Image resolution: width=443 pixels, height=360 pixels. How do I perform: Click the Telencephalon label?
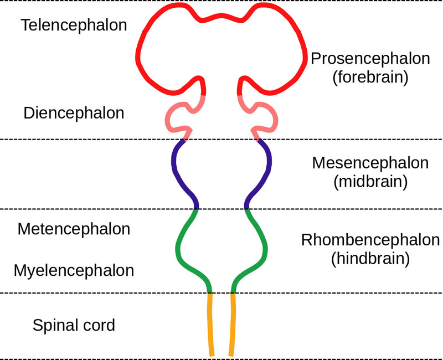[74, 25]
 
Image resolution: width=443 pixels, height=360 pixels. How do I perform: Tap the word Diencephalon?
[74, 113]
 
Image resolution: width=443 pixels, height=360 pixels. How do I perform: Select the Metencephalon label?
[74, 229]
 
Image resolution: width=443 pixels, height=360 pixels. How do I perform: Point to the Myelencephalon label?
[74, 271]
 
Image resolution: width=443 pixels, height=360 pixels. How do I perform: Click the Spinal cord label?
[74, 325]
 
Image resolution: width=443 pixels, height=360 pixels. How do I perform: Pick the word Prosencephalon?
[370, 59]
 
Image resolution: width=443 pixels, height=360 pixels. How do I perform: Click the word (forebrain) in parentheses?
[370, 78]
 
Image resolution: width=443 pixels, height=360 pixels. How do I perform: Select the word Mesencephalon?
[370, 163]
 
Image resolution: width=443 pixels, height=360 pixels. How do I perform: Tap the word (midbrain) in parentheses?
[370, 182]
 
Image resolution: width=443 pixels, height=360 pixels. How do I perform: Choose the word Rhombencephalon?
[370, 240]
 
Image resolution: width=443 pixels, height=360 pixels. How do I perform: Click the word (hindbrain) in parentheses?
[370, 259]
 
